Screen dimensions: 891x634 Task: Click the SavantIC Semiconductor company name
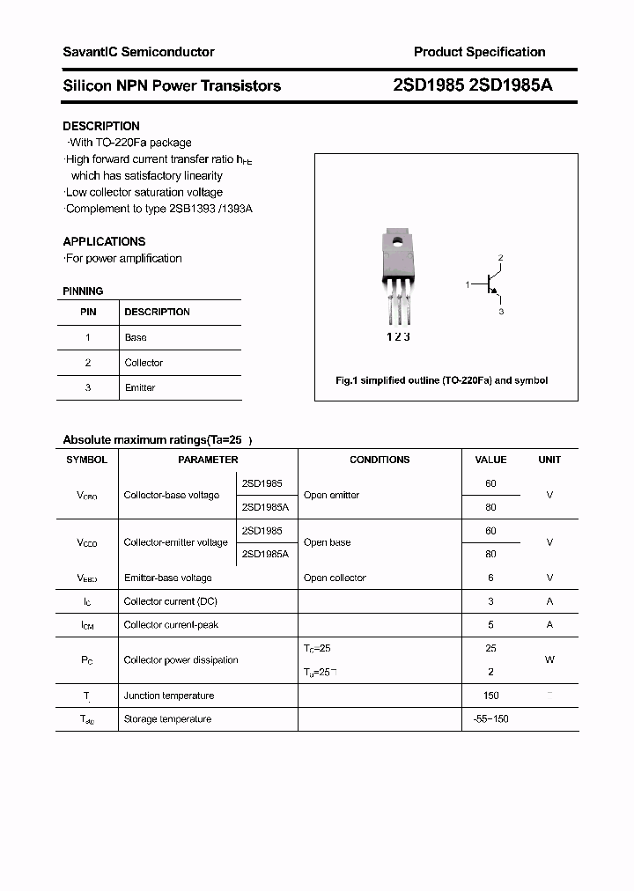click(x=138, y=52)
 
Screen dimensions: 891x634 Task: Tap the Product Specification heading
click(x=479, y=52)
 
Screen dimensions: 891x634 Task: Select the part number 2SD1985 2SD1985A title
click(x=473, y=85)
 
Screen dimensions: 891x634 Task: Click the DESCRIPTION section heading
click(x=101, y=126)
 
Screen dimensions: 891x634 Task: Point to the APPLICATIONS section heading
click(x=104, y=241)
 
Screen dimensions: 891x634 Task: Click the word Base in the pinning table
click(x=136, y=337)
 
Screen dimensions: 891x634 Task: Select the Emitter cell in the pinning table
click(x=140, y=387)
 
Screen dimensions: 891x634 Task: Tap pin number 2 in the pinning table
click(x=88, y=363)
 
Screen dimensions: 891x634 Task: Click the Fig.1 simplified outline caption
click(x=442, y=380)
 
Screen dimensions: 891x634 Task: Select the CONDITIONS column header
click(x=380, y=460)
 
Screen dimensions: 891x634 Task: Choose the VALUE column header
click(x=490, y=460)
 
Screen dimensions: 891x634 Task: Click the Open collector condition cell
click(x=335, y=578)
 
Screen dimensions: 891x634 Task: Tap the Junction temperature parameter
click(x=168, y=696)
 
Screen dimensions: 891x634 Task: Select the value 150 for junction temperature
click(x=490, y=696)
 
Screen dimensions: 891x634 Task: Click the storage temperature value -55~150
click(x=490, y=719)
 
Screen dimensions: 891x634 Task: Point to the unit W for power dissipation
click(x=549, y=659)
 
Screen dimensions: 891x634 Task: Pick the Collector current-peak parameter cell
click(x=171, y=624)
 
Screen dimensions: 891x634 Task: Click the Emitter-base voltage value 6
click(x=490, y=578)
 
